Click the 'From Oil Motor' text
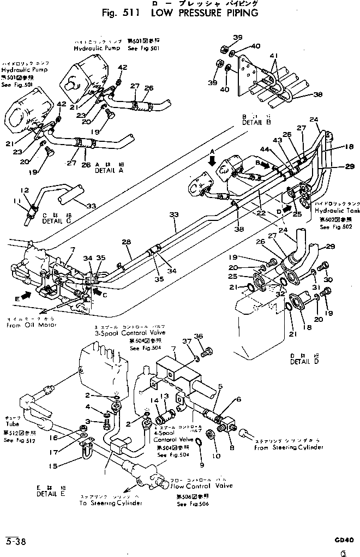tap(29, 325)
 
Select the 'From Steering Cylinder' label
tap(289, 447)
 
